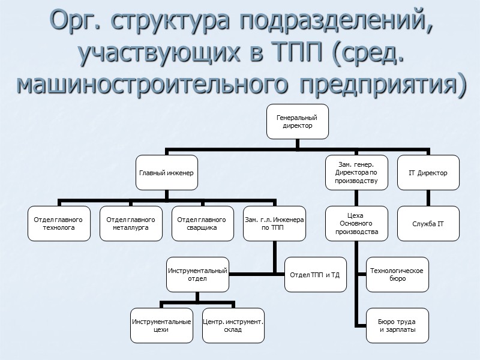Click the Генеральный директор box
(x=296, y=122)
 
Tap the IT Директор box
(x=428, y=173)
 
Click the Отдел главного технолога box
(x=59, y=224)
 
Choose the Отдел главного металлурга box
(x=130, y=224)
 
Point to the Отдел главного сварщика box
(x=202, y=224)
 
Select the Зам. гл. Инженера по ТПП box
(x=274, y=224)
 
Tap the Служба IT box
(x=428, y=224)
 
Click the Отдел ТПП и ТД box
(x=314, y=275)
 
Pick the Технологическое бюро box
(x=397, y=275)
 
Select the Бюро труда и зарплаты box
(x=397, y=326)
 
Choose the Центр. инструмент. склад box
(x=233, y=326)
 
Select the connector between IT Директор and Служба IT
(x=428, y=198)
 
